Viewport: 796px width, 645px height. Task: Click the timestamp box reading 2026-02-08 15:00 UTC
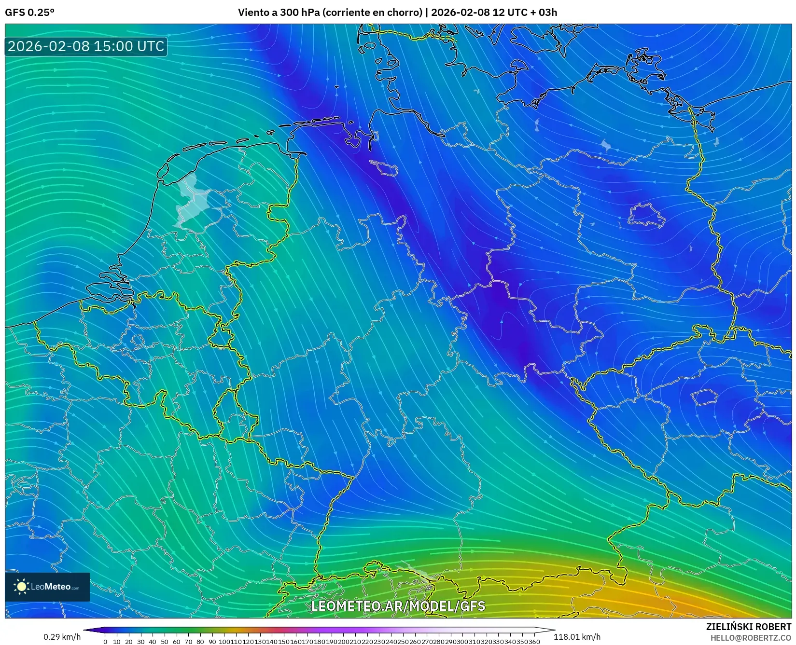point(86,46)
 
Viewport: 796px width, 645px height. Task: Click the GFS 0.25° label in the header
point(29,13)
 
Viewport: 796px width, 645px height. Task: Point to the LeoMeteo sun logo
point(21,587)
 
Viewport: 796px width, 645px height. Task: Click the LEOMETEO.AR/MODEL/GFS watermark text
point(398,606)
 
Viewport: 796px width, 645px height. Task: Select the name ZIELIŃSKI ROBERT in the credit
point(749,627)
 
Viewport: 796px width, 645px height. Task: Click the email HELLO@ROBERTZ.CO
point(751,638)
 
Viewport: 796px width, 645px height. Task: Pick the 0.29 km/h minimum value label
point(62,637)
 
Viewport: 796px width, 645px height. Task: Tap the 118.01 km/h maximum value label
point(577,637)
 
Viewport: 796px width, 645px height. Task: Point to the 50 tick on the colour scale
point(164,642)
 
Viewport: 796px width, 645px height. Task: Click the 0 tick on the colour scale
point(105,642)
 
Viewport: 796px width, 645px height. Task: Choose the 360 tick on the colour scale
point(534,642)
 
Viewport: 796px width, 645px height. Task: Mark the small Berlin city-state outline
point(646,215)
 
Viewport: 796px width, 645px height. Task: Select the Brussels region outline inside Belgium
point(138,341)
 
